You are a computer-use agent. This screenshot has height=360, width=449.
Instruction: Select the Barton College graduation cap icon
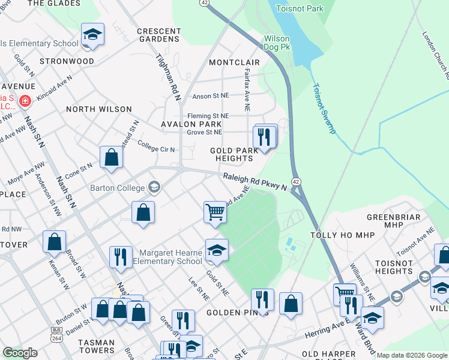(x=155, y=187)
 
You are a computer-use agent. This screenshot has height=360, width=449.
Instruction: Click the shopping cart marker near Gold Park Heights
(x=215, y=212)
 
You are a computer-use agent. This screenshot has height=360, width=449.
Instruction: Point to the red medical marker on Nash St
(x=25, y=100)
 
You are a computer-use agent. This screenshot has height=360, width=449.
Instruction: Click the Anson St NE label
(x=210, y=96)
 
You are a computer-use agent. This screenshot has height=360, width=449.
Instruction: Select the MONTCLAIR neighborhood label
(x=234, y=62)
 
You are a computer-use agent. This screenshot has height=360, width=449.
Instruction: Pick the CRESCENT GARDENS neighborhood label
(x=159, y=35)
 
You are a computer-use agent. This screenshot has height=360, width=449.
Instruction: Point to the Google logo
(x=20, y=353)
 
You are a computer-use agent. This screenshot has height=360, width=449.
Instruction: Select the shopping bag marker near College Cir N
(x=111, y=157)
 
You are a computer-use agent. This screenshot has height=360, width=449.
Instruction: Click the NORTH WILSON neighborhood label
(x=98, y=109)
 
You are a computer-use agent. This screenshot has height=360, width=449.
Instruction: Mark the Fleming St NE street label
(x=208, y=116)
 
